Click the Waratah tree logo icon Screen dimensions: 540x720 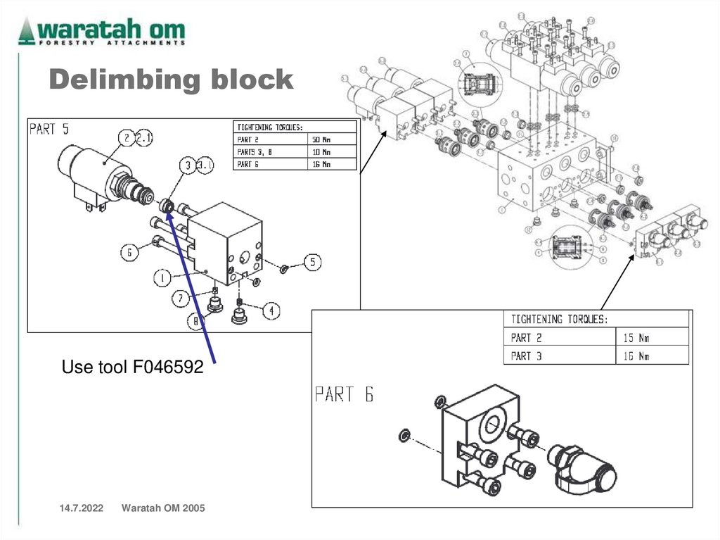coord(27,31)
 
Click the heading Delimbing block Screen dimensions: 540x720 coord(171,80)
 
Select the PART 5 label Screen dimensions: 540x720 coord(49,130)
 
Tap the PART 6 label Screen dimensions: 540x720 coord(344,394)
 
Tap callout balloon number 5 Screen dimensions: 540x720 coord(312,263)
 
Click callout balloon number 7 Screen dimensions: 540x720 coord(181,299)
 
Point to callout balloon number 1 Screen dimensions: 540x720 coord(162,278)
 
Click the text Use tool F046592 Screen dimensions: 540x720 coord(132,368)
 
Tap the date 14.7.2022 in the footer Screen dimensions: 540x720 coord(76,508)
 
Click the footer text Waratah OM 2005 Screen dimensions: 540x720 coord(163,508)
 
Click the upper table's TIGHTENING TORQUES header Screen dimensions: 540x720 coord(270,127)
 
